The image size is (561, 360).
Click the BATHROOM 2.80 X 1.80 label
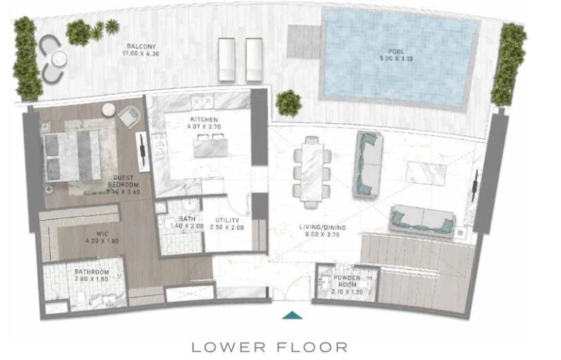tap(92, 272)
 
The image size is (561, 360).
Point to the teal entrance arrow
tap(291, 315)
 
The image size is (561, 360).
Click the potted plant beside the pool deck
tap(288, 102)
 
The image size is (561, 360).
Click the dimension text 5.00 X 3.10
tap(396, 60)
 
